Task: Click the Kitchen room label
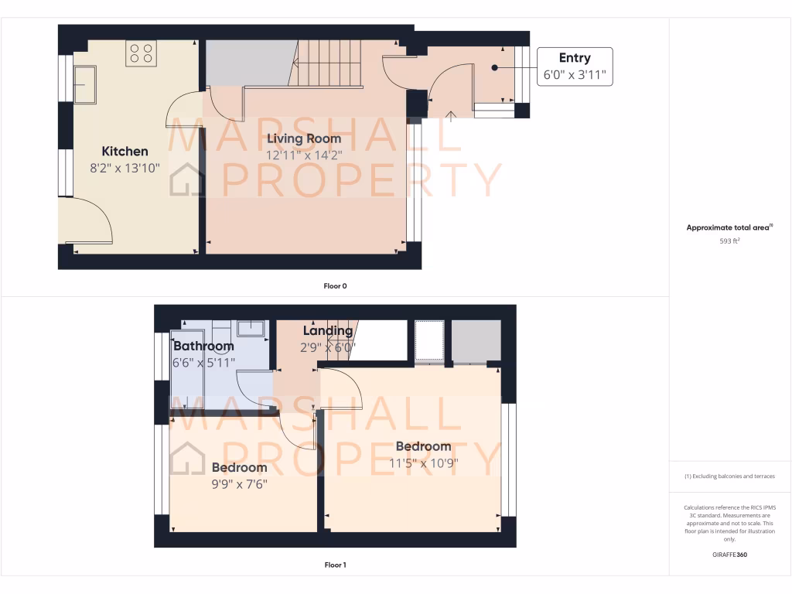pos(125,152)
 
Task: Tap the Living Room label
pos(304,138)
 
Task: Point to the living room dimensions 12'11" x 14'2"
pos(304,155)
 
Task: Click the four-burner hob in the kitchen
pos(141,53)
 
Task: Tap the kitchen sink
pos(85,84)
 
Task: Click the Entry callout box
pos(575,67)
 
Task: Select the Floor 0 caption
pos(335,286)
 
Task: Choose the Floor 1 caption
pos(335,565)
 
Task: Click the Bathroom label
pos(203,346)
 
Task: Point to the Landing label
pos(328,331)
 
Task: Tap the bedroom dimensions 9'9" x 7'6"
pos(239,484)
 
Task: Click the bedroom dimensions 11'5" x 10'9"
pos(423,463)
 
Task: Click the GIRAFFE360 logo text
pos(730,555)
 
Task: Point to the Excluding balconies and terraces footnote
pos(730,476)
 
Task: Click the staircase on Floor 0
pos(329,62)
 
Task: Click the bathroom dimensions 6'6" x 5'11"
pos(204,361)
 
